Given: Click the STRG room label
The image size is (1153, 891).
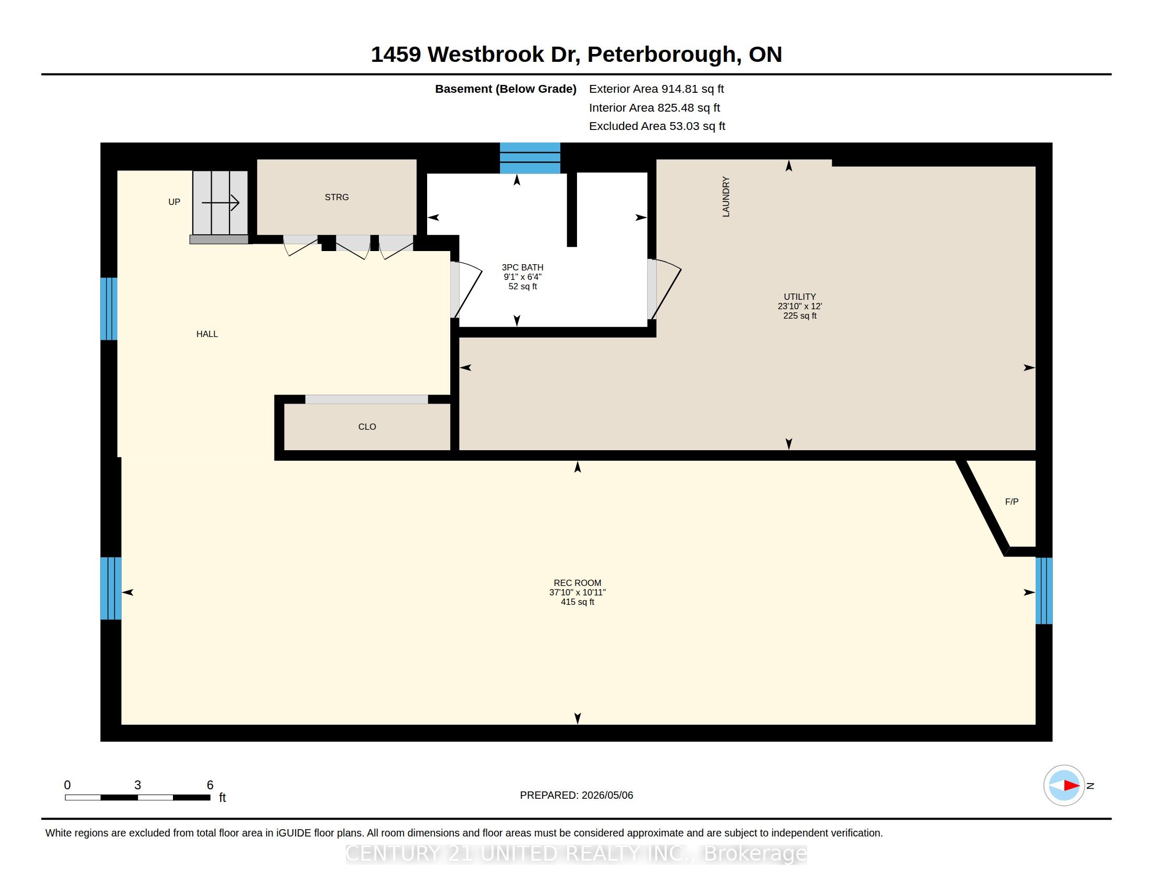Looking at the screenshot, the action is (337, 198).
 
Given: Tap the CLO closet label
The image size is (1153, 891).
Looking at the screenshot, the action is (367, 427).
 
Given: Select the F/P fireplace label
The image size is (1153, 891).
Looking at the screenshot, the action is (1011, 502).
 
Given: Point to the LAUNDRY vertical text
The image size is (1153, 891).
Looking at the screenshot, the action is (726, 197).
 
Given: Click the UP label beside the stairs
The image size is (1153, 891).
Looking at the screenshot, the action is (174, 202).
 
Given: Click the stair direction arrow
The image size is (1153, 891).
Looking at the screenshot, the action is (221, 203).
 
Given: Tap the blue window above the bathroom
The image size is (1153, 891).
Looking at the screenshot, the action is (530, 158).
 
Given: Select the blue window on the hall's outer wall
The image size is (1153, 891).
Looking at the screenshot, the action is (109, 309).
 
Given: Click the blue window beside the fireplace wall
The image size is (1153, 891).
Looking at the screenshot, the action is (1043, 591).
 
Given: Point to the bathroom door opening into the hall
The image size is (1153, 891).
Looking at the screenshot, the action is (466, 290).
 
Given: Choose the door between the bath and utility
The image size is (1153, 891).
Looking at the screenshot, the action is (665, 289).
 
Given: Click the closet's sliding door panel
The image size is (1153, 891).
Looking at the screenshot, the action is (366, 399).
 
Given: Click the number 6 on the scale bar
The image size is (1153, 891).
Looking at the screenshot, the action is (210, 785).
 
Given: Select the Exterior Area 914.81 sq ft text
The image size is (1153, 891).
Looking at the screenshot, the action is (656, 89).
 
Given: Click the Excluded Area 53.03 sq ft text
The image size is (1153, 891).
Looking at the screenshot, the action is (657, 126).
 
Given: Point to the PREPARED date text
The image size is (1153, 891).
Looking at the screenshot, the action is (576, 795).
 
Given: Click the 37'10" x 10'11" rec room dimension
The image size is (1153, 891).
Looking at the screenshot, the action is (578, 592).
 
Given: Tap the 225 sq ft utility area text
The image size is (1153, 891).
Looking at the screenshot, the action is (800, 316).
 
